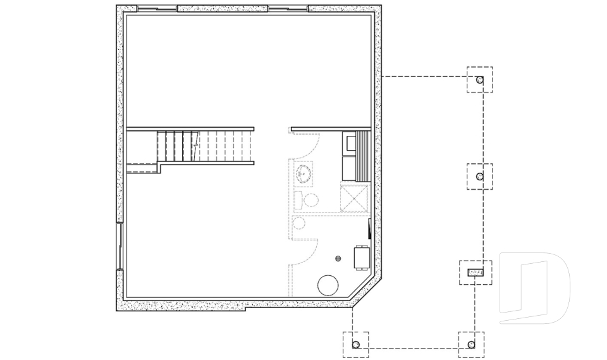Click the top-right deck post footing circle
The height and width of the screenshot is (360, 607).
480,80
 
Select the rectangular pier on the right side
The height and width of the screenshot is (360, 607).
475,273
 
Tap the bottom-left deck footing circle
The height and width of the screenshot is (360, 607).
355,345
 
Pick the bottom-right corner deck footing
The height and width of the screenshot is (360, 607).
472,345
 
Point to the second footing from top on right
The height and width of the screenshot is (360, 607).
479,177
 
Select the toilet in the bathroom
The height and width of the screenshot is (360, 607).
308,201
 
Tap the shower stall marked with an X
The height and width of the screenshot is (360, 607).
354,197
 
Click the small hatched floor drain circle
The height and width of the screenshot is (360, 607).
338,258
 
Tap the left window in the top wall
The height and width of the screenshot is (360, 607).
157,9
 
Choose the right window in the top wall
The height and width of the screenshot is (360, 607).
288,9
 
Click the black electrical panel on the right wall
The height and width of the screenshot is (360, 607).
369,228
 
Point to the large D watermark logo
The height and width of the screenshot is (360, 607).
534,288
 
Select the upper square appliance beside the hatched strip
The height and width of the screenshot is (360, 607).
348,142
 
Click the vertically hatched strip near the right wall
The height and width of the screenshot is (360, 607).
363,156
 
